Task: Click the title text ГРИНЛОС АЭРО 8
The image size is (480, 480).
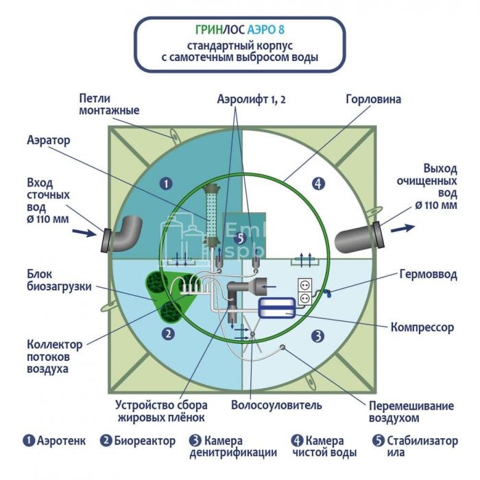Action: pos(239,29)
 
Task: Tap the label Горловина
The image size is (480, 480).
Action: pos(374,99)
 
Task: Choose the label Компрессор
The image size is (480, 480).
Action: pos(422,327)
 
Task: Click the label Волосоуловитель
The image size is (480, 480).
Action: pos(276,405)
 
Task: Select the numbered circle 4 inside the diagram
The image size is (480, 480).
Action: pos(317,183)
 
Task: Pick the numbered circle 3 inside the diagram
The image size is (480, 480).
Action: pos(317,336)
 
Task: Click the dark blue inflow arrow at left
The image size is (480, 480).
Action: pos(84,233)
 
